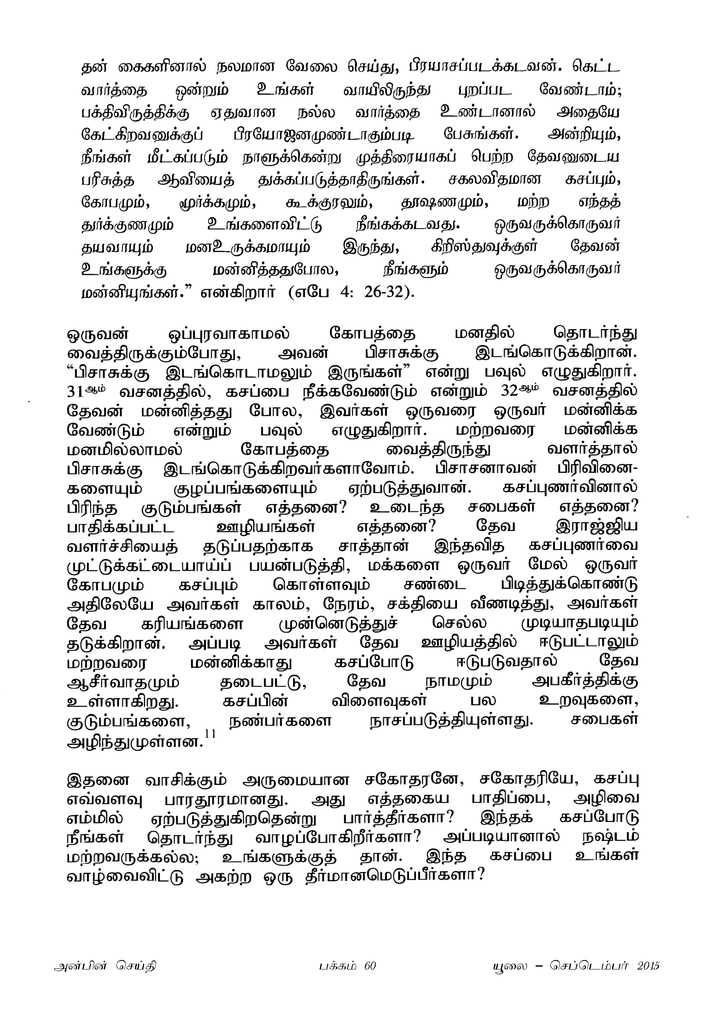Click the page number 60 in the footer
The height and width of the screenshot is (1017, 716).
(x=370, y=966)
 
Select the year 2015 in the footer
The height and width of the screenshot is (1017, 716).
(x=648, y=966)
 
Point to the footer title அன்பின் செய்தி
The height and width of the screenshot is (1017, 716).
(x=105, y=966)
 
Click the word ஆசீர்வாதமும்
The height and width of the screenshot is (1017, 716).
(x=123, y=683)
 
